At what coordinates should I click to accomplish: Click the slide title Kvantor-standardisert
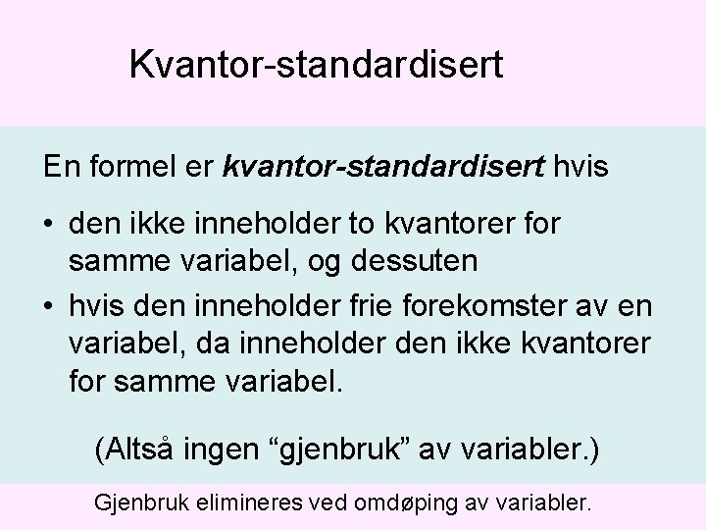pos(317,66)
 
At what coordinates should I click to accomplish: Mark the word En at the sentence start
pos(61,166)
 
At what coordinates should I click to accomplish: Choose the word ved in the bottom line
pos(332,504)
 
